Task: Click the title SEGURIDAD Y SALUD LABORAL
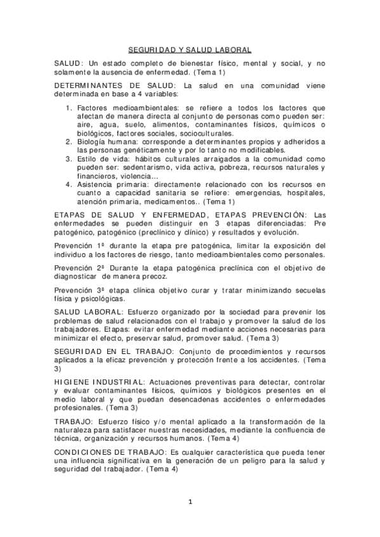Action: click(x=190, y=49)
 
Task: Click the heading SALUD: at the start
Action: click(x=69, y=64)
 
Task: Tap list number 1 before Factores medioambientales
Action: click(x=70, y=108)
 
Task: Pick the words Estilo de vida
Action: click(x=100, y=160)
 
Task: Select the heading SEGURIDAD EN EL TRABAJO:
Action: click(x=105, y=351)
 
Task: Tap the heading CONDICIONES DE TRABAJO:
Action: click(x=107, y=453)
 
